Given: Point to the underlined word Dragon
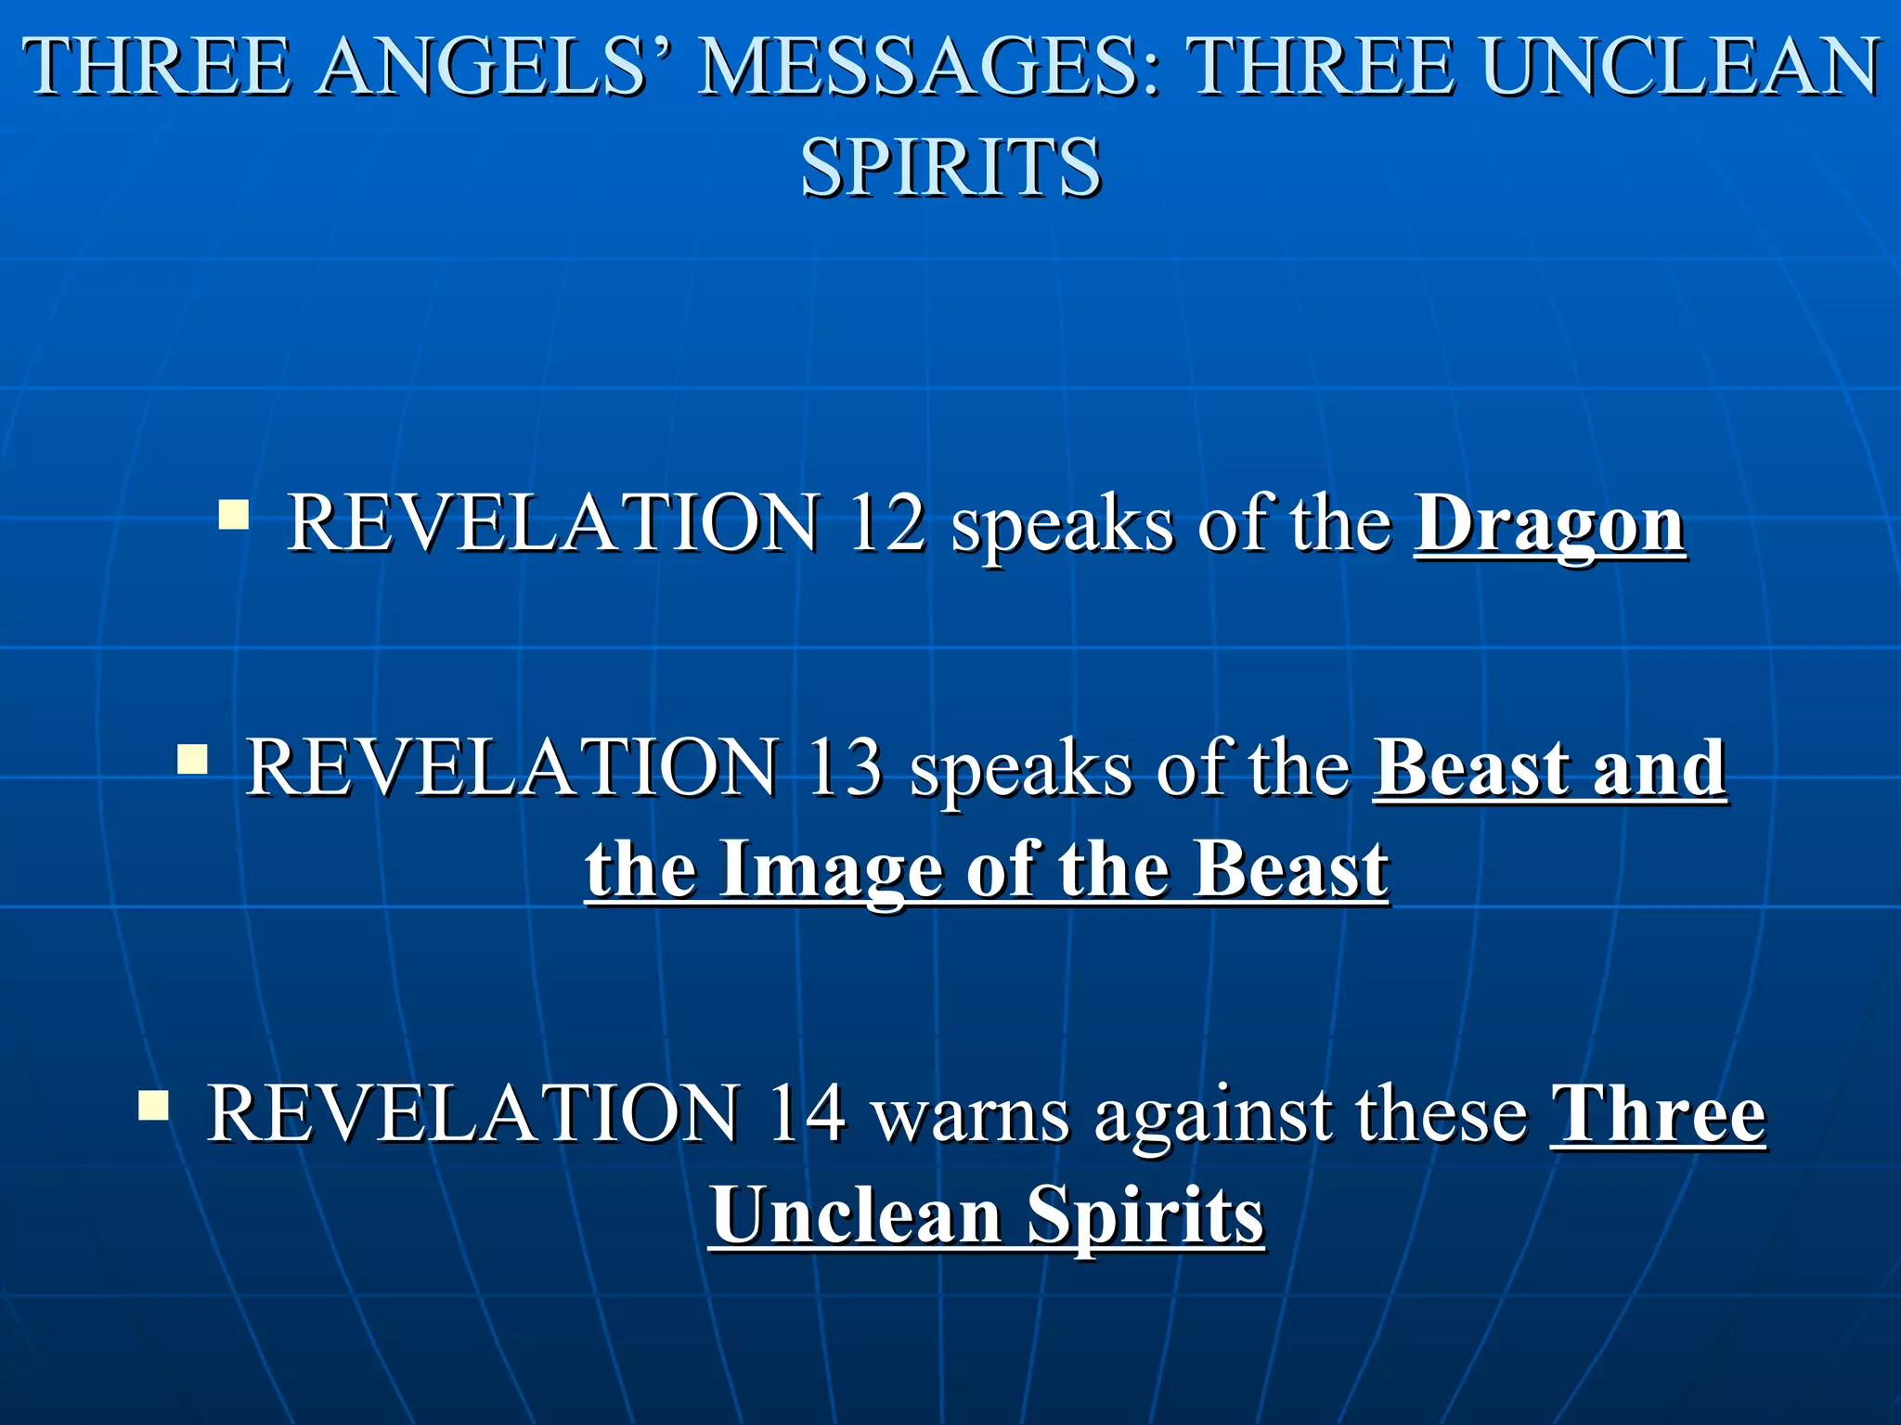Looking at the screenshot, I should click(1549, 525).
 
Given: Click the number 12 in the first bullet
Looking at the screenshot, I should click(886, 523).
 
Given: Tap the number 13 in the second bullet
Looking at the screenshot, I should click(844, 768).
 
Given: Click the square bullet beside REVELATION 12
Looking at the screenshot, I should click(233, 514).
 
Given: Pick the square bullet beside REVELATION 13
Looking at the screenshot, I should click(192, 759).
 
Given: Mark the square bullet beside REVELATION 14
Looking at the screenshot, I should click(153, 1105).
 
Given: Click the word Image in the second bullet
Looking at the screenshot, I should click(832, 872).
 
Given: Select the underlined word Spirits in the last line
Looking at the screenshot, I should click(1145, 1217).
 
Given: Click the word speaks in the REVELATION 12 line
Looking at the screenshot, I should click(1062, 527).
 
